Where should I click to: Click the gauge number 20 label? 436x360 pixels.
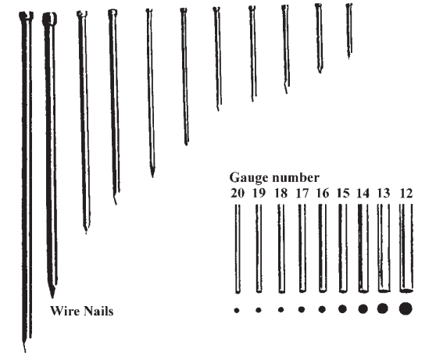(238, 193)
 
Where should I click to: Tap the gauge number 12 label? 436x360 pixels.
(406, 193)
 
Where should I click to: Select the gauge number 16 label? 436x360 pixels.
(323, 193)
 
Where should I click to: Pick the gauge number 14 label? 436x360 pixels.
(363, 193)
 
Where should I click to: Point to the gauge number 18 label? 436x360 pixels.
(281, 193)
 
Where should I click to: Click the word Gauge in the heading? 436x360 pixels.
(249, 178)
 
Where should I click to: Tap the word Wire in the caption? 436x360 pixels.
(63, 311)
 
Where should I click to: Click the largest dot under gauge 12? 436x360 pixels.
(406, 308)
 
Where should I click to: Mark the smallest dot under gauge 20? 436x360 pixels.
(237, 310)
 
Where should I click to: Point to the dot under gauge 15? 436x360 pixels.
(342, 308)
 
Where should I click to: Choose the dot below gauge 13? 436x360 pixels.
(383, 308)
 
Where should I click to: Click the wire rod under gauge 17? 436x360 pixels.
(302, 248)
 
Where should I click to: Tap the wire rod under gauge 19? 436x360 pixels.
(259, 248)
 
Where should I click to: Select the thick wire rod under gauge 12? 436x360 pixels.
(406, 248)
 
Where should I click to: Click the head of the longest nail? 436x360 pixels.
(26, 16)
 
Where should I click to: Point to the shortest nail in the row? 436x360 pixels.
(349, 30)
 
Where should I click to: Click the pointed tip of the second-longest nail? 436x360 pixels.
(52, 296)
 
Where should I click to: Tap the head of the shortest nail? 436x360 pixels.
(349, 5)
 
